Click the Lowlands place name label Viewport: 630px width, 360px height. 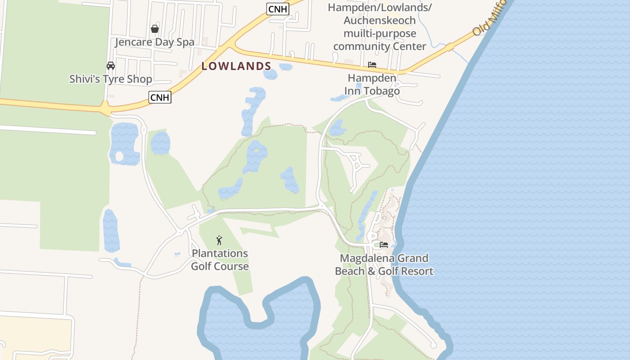236,66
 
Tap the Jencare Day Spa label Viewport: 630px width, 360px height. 154,42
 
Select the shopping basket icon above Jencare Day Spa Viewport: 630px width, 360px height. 155,29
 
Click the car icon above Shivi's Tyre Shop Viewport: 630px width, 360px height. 111,66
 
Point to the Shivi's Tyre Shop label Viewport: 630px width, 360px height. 111,80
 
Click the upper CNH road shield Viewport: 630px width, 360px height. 277,9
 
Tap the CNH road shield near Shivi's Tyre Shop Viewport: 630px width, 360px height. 160,97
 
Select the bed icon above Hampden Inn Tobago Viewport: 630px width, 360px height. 372,65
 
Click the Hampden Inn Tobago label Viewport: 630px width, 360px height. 372,85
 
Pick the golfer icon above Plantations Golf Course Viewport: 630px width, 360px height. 219,240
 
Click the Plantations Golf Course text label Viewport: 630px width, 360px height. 220,260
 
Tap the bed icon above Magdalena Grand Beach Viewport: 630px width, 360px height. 384,245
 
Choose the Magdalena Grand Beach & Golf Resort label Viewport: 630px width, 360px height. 384,265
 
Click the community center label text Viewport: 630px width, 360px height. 379,27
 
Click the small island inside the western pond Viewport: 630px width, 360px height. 119,157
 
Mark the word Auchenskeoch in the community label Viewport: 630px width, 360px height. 379,21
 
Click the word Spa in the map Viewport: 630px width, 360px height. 185,42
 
